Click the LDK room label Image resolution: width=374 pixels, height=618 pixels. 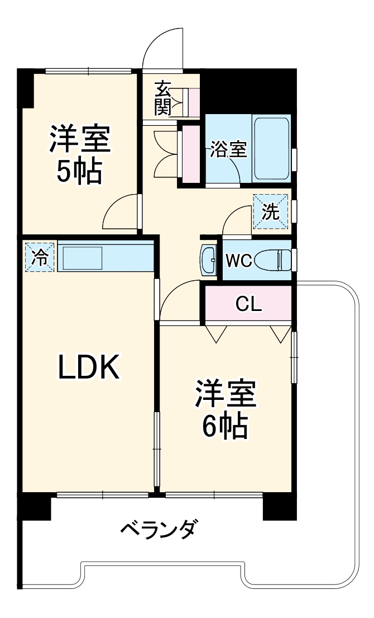click(x=89, y=367)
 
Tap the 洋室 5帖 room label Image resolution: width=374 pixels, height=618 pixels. click(x=80, y=155)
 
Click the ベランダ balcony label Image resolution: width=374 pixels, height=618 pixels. click(x=158, y=528)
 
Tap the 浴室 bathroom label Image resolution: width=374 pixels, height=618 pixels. click(x=228, y=149)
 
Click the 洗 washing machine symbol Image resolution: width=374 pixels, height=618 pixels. click(x=271, y=212)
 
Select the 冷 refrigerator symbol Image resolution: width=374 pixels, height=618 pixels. click(x=40, y=257)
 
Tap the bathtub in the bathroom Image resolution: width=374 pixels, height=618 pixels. click(x=272, y=148)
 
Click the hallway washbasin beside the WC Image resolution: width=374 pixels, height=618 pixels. click(x=208, y=260)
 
